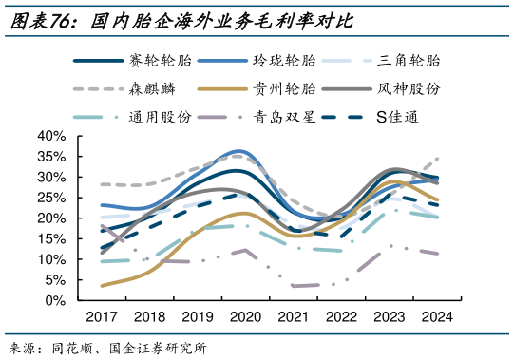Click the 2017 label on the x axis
[102, 318]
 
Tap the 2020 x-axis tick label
[244, 318]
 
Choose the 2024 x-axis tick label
[436, 318]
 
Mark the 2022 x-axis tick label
[340, 318]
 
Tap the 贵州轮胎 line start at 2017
[102, 285]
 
